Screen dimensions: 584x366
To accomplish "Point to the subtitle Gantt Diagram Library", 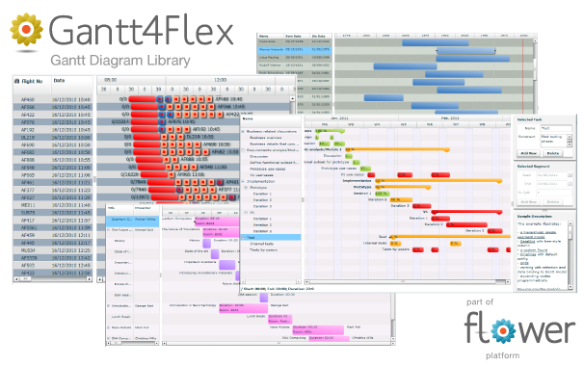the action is tap(120, 60).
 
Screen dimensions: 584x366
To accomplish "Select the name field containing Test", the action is tap(553, 127).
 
